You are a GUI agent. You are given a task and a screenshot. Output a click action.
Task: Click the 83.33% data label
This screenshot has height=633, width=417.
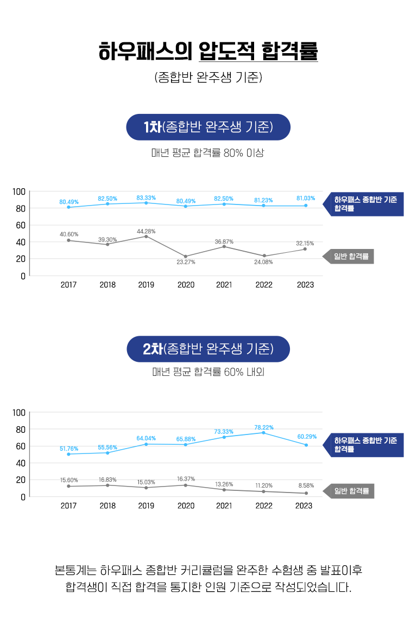click(x=146, y=197)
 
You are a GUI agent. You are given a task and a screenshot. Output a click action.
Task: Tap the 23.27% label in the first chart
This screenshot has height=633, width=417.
click(x=186, y=262)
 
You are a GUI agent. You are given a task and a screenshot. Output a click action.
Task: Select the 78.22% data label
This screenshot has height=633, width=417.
click(x=264, y=427)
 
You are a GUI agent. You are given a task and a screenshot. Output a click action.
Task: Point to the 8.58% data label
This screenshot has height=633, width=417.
click(x=305, y=485)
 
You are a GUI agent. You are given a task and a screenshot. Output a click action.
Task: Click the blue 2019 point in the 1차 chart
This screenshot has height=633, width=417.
click(x=146, y=203)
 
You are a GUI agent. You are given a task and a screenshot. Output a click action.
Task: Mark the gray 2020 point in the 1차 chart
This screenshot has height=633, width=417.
click(x=186, y=257)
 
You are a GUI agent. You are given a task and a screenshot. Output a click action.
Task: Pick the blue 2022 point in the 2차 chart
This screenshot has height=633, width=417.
click(x=264, y=433)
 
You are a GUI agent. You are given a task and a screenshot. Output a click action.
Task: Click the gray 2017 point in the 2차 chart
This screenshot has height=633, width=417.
click(x=68, y=486)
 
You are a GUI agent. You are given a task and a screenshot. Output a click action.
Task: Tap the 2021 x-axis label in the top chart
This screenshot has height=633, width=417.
click(x=224, y=285)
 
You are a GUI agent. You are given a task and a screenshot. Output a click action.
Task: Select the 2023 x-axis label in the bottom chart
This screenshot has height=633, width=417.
click(x=304, y=506)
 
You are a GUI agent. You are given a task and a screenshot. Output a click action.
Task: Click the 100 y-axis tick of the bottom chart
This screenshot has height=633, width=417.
click(x=20, y=413)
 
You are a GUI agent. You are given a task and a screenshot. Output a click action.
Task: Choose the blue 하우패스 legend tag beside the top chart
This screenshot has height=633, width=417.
click(x=364, y=204)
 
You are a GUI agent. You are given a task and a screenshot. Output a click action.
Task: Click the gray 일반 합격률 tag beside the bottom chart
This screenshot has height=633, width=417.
click(x=350, y=491)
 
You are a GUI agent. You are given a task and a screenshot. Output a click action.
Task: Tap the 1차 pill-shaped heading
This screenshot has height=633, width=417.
click(x=208, y=127)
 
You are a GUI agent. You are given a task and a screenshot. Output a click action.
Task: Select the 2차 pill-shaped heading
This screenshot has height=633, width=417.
click(x=208, y=349)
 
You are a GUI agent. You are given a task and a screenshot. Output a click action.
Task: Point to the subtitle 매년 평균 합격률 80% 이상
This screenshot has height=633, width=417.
click(x=208, y=154)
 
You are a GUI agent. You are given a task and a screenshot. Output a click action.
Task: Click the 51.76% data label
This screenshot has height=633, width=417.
click(x=69, y=449)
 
